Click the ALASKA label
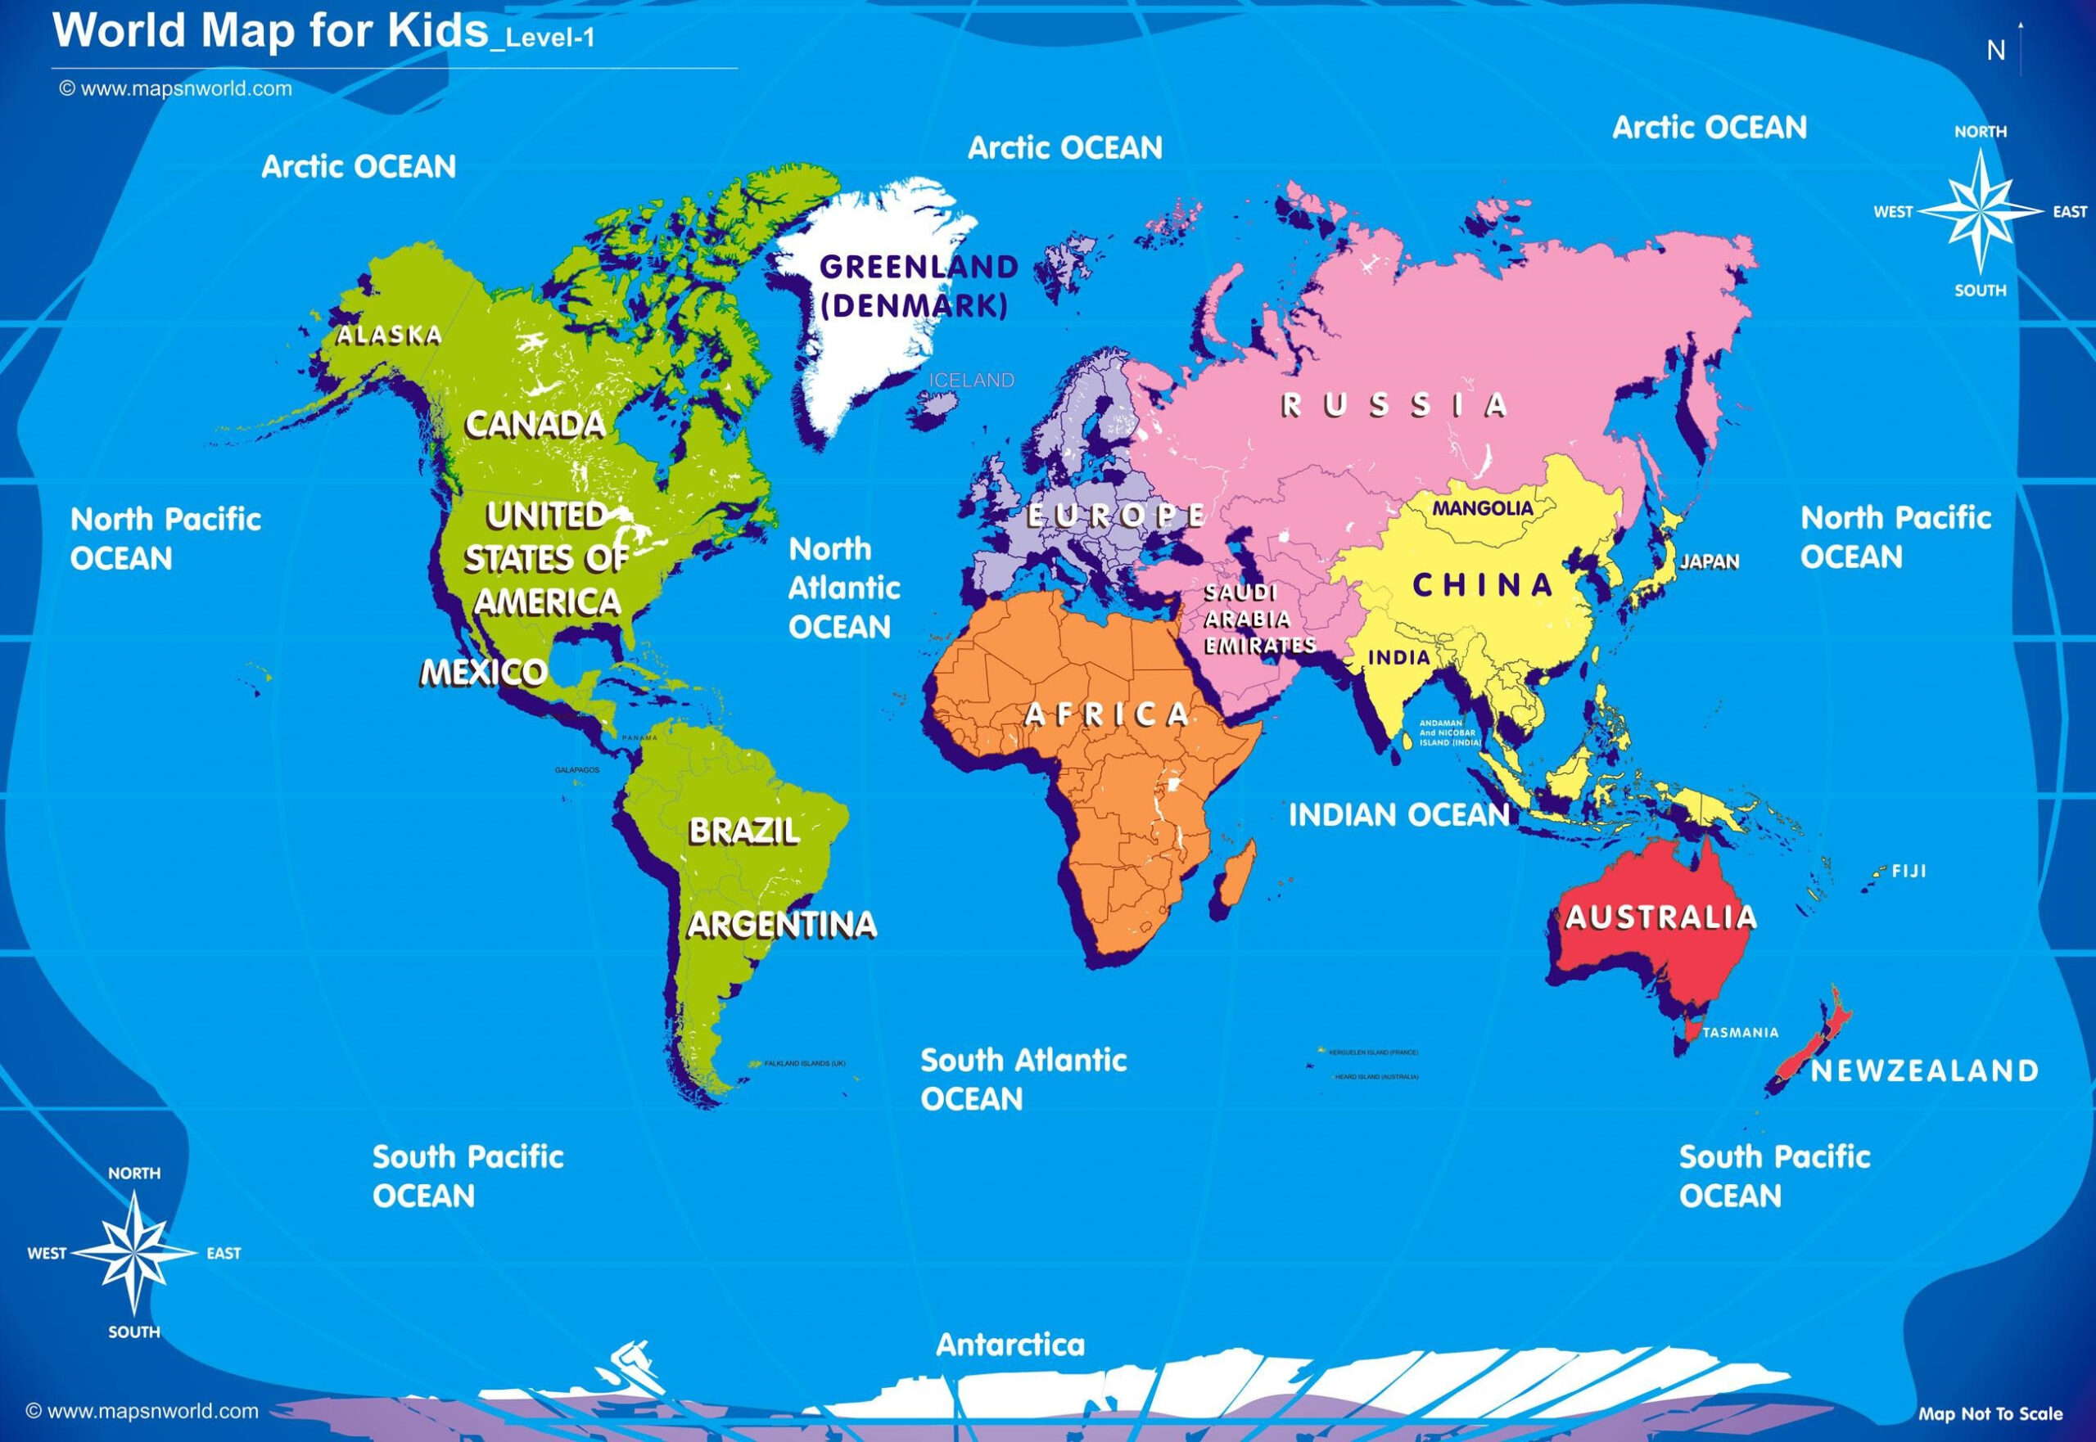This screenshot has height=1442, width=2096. point(390,336)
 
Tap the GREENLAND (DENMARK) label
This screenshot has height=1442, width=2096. point(917,286)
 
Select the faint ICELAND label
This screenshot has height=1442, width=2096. point(972,381)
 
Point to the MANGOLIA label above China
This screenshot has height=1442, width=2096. point(1482,509)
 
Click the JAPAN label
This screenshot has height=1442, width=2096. point(1710,561)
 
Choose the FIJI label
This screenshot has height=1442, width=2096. point(1909,872)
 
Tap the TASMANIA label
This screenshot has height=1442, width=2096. point(1740,1033)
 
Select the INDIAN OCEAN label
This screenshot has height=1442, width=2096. point(1399,815)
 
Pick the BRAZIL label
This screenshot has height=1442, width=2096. point(744,831)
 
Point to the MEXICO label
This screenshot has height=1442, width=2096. point(485,672)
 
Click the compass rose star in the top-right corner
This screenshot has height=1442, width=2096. point(1980,211)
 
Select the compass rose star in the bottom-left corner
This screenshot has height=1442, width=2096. point(133,1253)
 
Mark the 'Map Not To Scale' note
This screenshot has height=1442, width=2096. point(1990,1414)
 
